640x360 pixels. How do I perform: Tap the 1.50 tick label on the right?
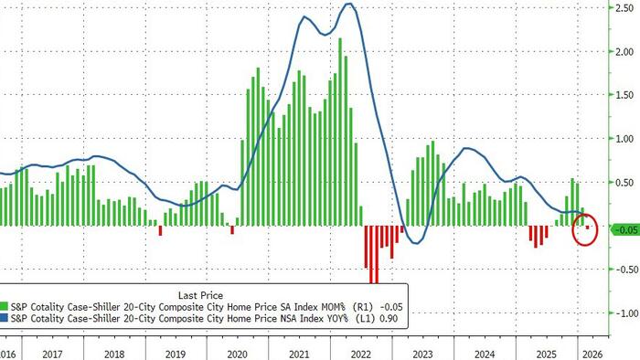pyautogui.click(x=624, y=94)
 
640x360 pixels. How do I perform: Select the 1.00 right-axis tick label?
pyautogui.click(x=624, y=138)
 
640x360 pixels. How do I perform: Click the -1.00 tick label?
pyautogui.click(x=623, y=312)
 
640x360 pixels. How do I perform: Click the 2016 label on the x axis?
pyautogui.click(x=7, y=352)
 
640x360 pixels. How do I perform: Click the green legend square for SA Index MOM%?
pyautogui.click(x=5, y=308)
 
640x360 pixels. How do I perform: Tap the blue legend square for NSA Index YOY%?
pyautogui.click(x=5, y=319)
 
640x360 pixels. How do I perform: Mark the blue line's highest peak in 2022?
pyautogui.click(x=348, y=5)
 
